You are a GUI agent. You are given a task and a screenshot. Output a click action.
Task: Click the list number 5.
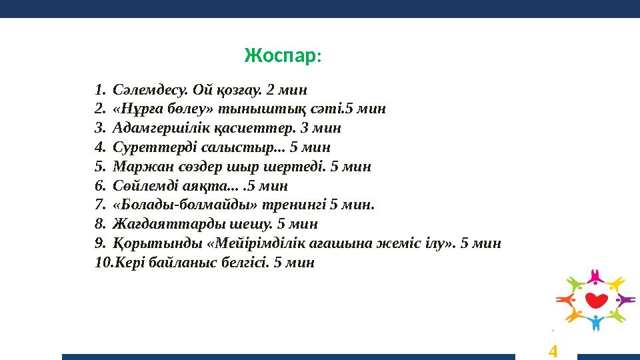click(99, 166)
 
